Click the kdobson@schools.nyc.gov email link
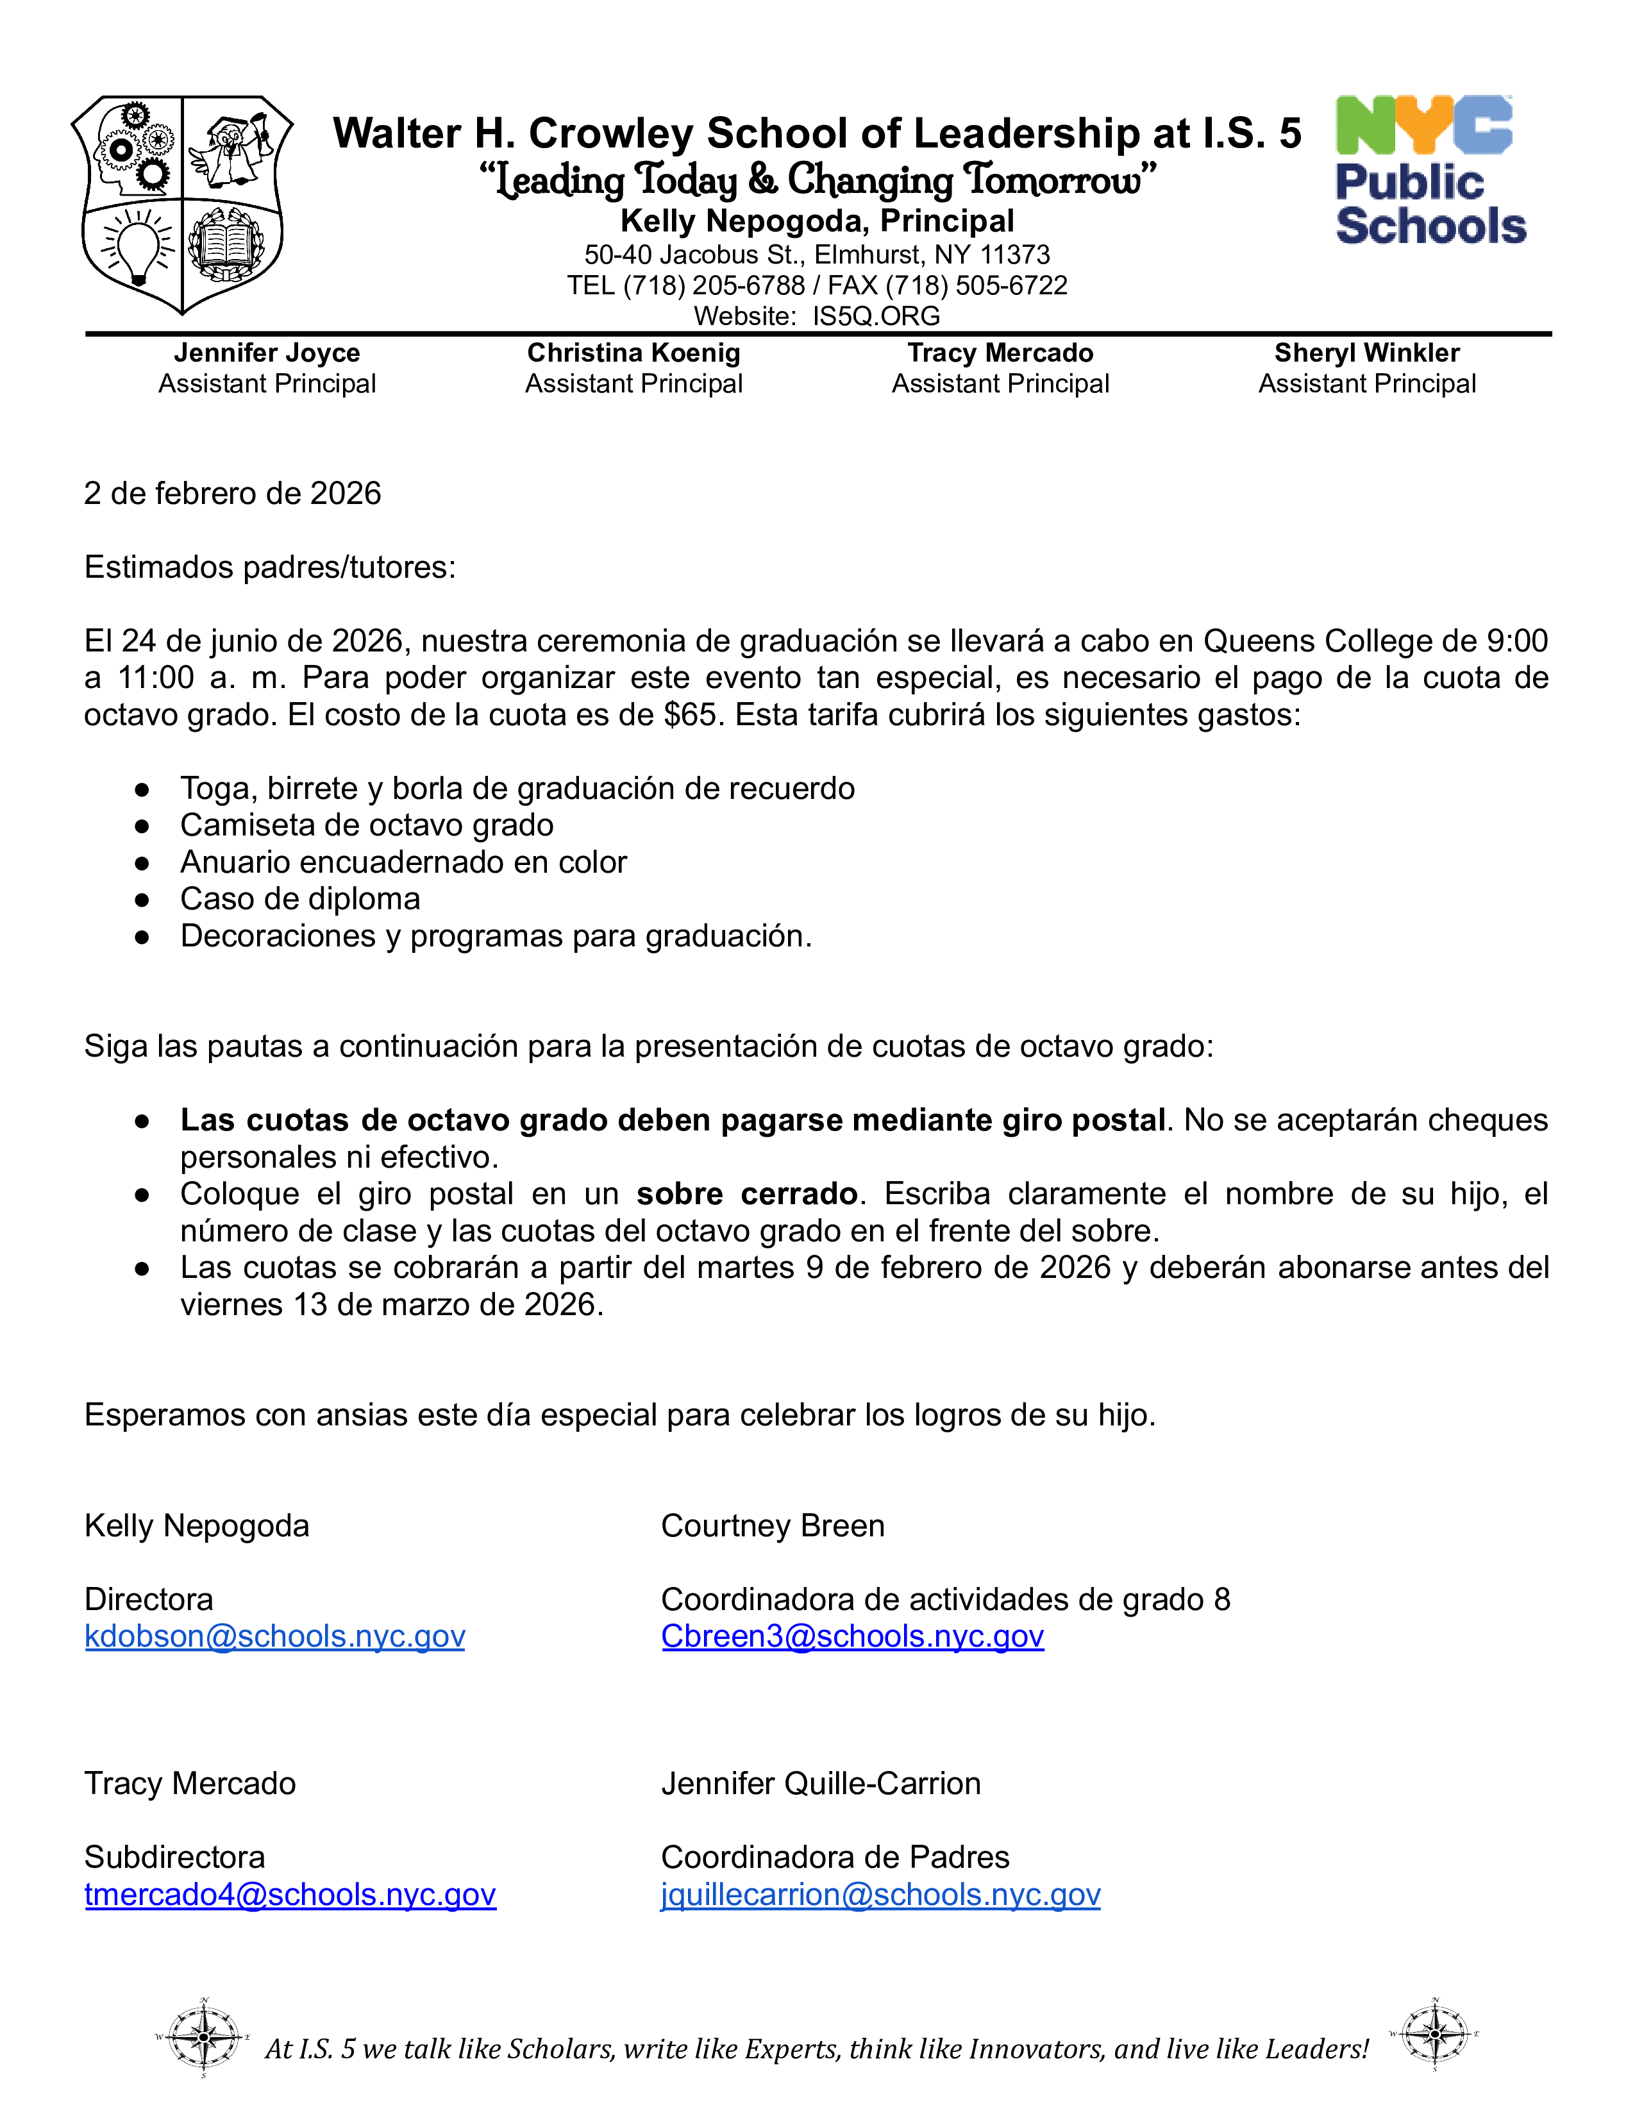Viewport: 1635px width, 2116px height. [x=274, y=1636]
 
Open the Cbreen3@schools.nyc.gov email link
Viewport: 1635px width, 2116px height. [x=852, y=1636]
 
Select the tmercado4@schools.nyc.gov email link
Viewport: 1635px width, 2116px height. [x=290, y=1894]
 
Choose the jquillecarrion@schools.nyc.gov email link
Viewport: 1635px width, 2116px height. [x=880, y=1894]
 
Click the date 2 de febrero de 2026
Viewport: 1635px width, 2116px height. [x=233, y=493]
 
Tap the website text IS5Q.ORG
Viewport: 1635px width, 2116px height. [x=876, y=316]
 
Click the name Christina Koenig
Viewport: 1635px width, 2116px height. [x=633, y=353]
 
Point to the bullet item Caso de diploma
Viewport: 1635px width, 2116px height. [x=300, y=899]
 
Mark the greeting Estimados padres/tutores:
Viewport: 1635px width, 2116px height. [x=269, y=567]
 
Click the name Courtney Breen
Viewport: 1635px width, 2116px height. [x=772, y=1526]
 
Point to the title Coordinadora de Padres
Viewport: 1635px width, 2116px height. [x=835, y=1858]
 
